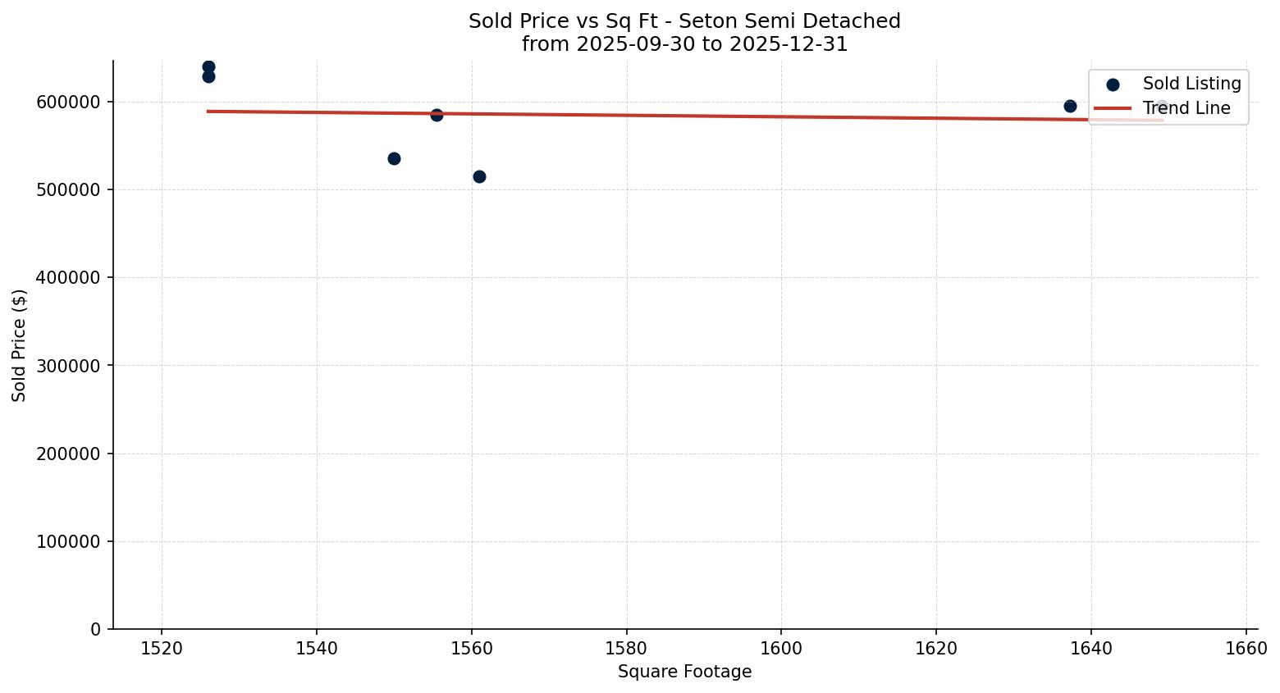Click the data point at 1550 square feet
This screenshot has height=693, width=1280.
(394, 158)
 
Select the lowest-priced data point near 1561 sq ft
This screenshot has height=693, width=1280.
(479, 176)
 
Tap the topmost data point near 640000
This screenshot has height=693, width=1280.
(208, 66)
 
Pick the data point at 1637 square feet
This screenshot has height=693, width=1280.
(1070, 106)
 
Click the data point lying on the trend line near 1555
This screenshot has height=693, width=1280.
(437, 115)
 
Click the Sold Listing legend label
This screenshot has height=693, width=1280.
(1191, 84)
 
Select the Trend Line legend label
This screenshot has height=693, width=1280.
(1186, 108)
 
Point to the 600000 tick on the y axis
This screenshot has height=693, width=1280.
(69, 102)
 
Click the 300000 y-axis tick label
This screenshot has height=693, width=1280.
(69, 366)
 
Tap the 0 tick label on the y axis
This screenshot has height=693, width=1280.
(96, 630)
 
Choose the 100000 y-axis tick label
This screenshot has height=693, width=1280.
(69, 542)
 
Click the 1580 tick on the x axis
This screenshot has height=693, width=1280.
(626, 649)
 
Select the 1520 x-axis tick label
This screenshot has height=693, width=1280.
(162, 649)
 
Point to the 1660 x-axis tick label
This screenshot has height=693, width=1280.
(1246, 649)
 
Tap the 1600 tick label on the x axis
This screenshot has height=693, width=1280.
(781, 649)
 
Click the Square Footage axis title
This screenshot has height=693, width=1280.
(684, 672)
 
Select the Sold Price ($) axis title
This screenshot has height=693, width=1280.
(20, 345)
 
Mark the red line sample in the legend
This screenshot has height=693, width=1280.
(1113, 108)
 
